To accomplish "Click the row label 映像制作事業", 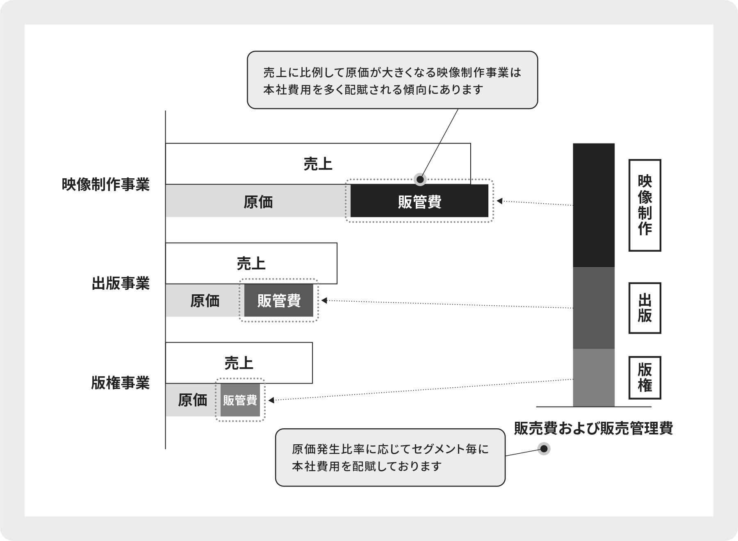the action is pos(106,184).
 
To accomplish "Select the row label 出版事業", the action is pos(121,283).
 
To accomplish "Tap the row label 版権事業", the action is pos(121,383).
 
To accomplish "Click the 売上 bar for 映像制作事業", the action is pos(318,164).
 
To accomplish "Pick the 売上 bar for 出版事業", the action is pos(251,263).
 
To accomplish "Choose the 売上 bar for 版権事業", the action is pos(239,363).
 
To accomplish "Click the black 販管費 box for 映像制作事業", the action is pos(419,201).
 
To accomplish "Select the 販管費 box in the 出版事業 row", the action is pos(279,300).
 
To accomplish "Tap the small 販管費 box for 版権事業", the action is pos(240,400).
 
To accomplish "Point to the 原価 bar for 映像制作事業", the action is pos(258,201).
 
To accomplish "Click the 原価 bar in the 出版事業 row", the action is pos(205,300).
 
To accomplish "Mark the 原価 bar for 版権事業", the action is pos(193,400).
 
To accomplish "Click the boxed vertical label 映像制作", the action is pos(645,205).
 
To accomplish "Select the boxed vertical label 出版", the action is pos(645,308).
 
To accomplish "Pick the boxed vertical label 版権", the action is pos(645,378).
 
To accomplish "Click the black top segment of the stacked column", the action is pos(594,205).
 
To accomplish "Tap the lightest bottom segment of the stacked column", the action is pos(594,378).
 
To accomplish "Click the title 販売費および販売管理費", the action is pos(594,429).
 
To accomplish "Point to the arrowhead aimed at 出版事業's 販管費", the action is pos(324,300).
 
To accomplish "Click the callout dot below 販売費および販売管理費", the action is pos(544,449).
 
